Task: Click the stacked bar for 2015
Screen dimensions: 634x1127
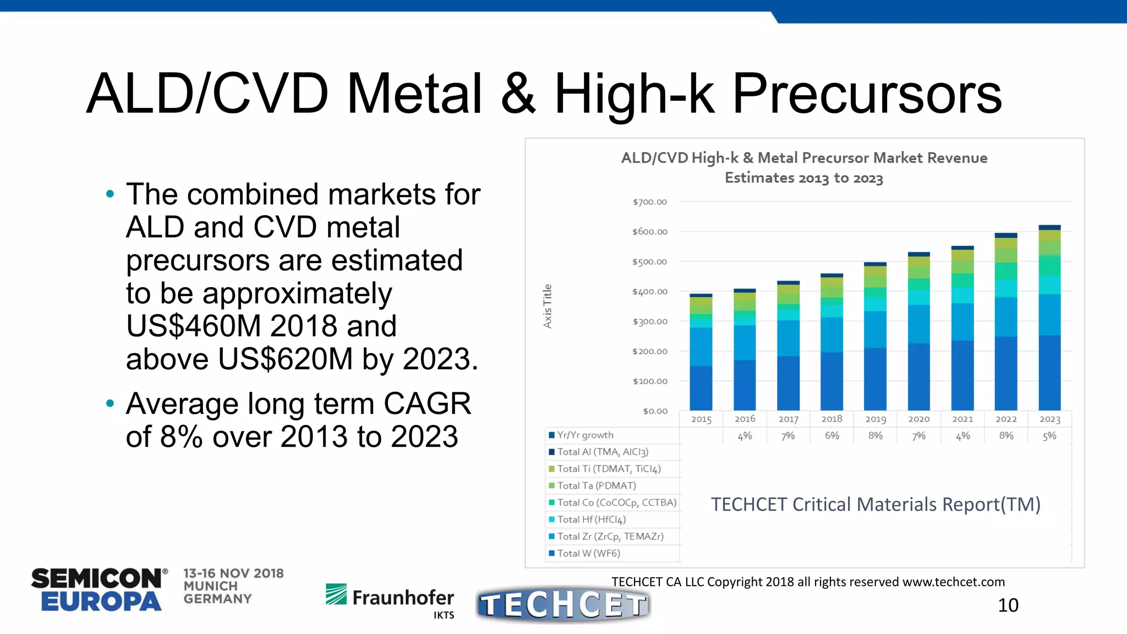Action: pyautogui.click(x=701, y=352)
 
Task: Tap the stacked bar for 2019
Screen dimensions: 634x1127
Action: pyautogui.click(x=875, y=336)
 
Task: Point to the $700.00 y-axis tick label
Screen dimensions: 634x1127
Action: pyautogui.click(x=649, y=202)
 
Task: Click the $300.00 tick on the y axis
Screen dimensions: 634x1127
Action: pyautogui.click(x=649, y=321)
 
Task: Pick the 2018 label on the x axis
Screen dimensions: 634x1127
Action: pyautogui.click(x=831, y=419)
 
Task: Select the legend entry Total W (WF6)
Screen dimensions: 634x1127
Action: pyautogui.click(x=588, y=553)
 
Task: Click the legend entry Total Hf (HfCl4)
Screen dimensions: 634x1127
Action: pyautogui.click(x=591, y=520)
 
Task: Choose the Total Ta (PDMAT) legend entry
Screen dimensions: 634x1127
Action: pyautogui.click(x=596, y=485)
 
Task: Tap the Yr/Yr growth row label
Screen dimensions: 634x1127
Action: pyautogui.click(x=585, y=435)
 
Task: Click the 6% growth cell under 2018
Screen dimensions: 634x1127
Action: pyautogui.click(x=831, y=436)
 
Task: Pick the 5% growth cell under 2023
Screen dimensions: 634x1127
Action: pyautogui.click(x=1049, y=436)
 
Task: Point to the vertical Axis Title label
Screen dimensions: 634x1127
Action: pyautogui.click(x=547, y=306)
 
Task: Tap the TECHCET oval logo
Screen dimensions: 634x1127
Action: pyautogui.click(x=563, y=605)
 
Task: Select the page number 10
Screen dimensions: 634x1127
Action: pyautogui.click(x=1008, y=605)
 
